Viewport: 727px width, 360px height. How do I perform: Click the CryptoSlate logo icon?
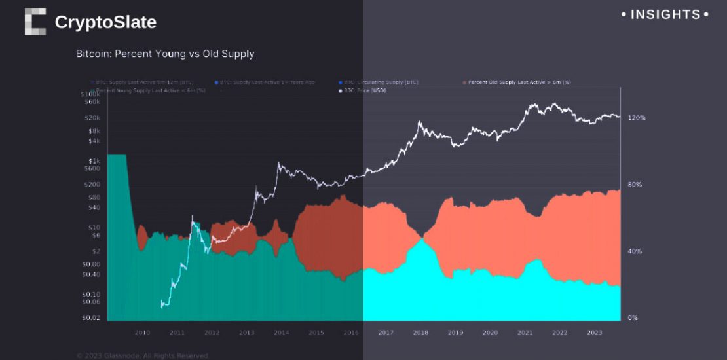coord(35,22)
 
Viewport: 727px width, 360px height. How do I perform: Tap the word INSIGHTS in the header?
coord(665,14)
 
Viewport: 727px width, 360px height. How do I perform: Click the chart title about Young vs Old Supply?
coord(165,54)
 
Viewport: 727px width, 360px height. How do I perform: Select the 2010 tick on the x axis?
coord(142,333)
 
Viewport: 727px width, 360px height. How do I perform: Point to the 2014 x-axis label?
coord(281,333)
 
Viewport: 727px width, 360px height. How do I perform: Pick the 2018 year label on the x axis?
coord(420,333)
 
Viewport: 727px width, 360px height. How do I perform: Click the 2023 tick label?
coord(594,333)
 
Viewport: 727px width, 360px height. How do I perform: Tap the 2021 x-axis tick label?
coord(525,333)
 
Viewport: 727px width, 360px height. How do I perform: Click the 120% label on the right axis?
coord(637,118)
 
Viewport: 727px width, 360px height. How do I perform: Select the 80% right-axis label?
coord(635,185)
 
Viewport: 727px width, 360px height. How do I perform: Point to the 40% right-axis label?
coord(635,251)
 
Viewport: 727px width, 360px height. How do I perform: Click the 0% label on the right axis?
coord(633,318)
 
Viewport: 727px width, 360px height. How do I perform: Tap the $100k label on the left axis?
coord(91,94)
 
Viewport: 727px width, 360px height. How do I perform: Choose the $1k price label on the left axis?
coord(94,161)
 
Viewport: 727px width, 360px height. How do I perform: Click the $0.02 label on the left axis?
coord(91,317)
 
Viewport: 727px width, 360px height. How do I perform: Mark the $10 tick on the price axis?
coord(94,228)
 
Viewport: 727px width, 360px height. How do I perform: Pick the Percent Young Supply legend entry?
coord(150,90)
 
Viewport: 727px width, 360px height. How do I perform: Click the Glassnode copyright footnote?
coord(142,355)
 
